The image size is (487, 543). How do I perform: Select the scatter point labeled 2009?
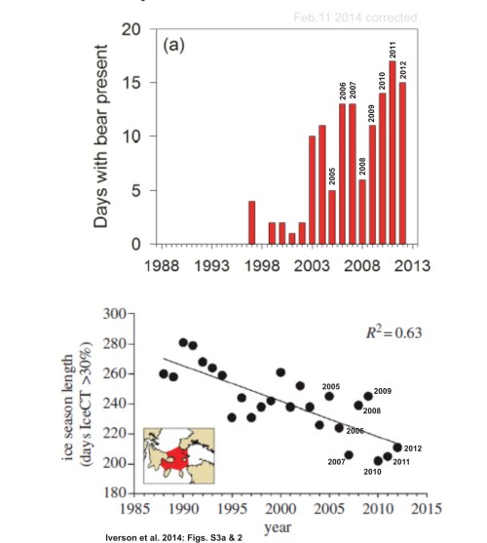point(368,397)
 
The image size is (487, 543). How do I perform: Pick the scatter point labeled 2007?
point(349,454)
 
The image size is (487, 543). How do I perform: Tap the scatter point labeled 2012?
point(397,447)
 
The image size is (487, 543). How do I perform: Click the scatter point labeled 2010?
point(379,460)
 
